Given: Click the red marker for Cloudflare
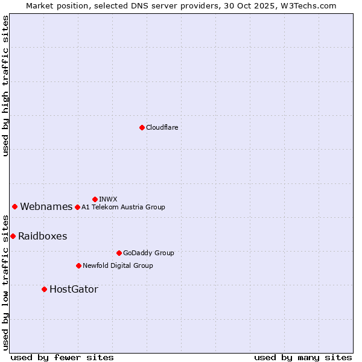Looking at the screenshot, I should coord(142,127).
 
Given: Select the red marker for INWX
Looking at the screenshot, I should coord(95,199).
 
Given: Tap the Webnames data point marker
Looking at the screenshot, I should coord(14,206).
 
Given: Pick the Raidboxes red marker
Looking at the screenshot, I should coord(13,236).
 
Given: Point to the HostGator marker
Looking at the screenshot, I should coord(44,289).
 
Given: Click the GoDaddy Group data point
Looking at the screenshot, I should coord(119,253).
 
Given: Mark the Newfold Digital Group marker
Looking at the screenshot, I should coord(78,265).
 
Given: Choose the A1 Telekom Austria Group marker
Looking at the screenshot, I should coord(77,207).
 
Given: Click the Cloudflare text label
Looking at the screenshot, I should coord(162,127).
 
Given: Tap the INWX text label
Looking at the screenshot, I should coord(108,199).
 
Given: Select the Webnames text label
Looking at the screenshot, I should coord(46,207).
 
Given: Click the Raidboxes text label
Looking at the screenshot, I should coord(42,237).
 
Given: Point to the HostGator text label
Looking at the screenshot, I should coord(74,290).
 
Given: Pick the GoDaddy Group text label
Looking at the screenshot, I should coord(148,253).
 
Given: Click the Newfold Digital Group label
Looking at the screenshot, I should coord(118,266).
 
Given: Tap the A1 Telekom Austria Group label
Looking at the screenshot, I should coord(123,208).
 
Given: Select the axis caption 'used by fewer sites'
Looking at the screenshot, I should coord(62,357).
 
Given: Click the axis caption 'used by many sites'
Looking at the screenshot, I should coord(303,357).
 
